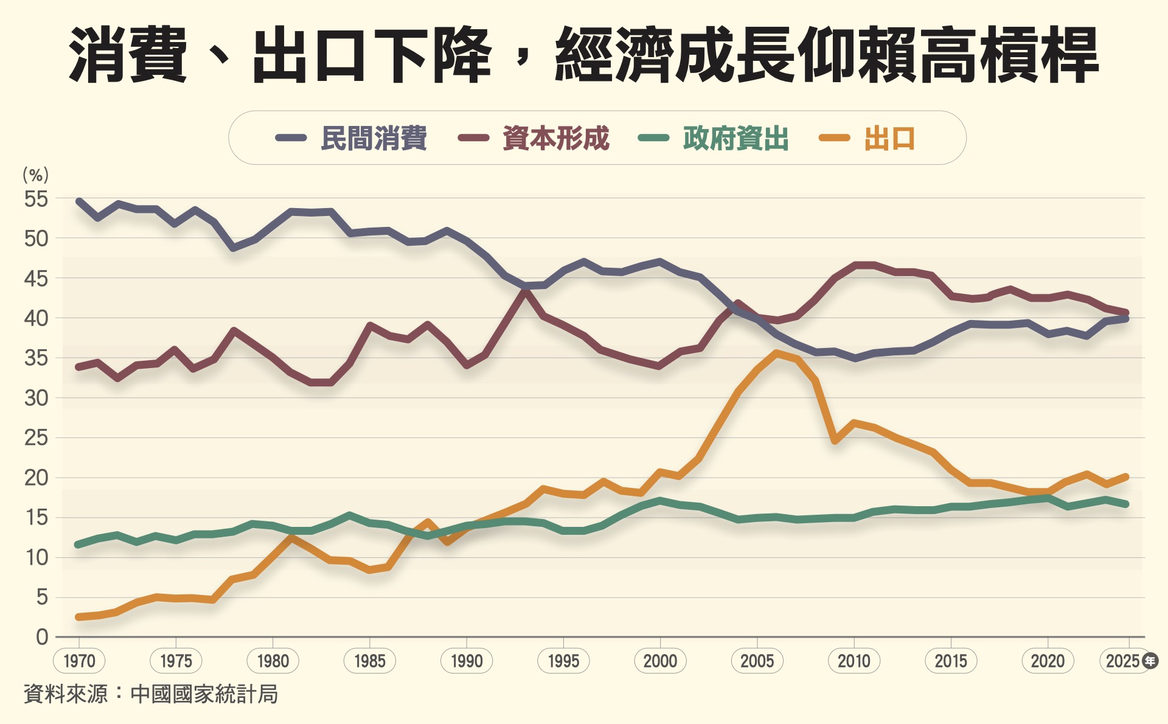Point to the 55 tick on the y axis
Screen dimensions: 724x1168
click(x=36, y=199)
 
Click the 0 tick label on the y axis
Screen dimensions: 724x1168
click(x=41, y=637)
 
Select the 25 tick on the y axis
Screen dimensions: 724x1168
click(x=36, y=437)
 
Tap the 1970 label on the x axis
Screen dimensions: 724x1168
click(x=79, y=661)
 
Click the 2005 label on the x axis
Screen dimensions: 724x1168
click(x=757, y=661)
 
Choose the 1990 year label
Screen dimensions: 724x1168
click(x=467, y=661)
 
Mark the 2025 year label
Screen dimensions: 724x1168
click(x=1122, y=661)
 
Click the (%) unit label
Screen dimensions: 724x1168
click(x=35, y=175)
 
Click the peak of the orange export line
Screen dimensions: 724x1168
click(x=776, y=353)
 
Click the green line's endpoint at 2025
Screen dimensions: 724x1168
click(x=1127, y=504)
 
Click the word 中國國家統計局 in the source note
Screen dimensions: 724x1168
click(x=204, y=694)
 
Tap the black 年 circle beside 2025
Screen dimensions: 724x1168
click(x=1150, y=661)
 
